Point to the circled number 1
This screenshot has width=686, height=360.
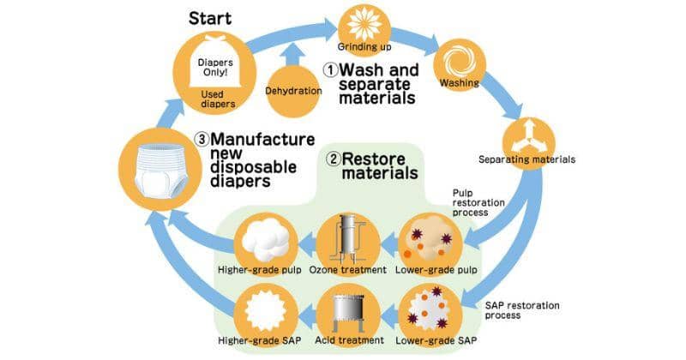pyautogui.click(x=330, y=69)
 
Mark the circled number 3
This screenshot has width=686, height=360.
pyautogui.click(x=199, y=139)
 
